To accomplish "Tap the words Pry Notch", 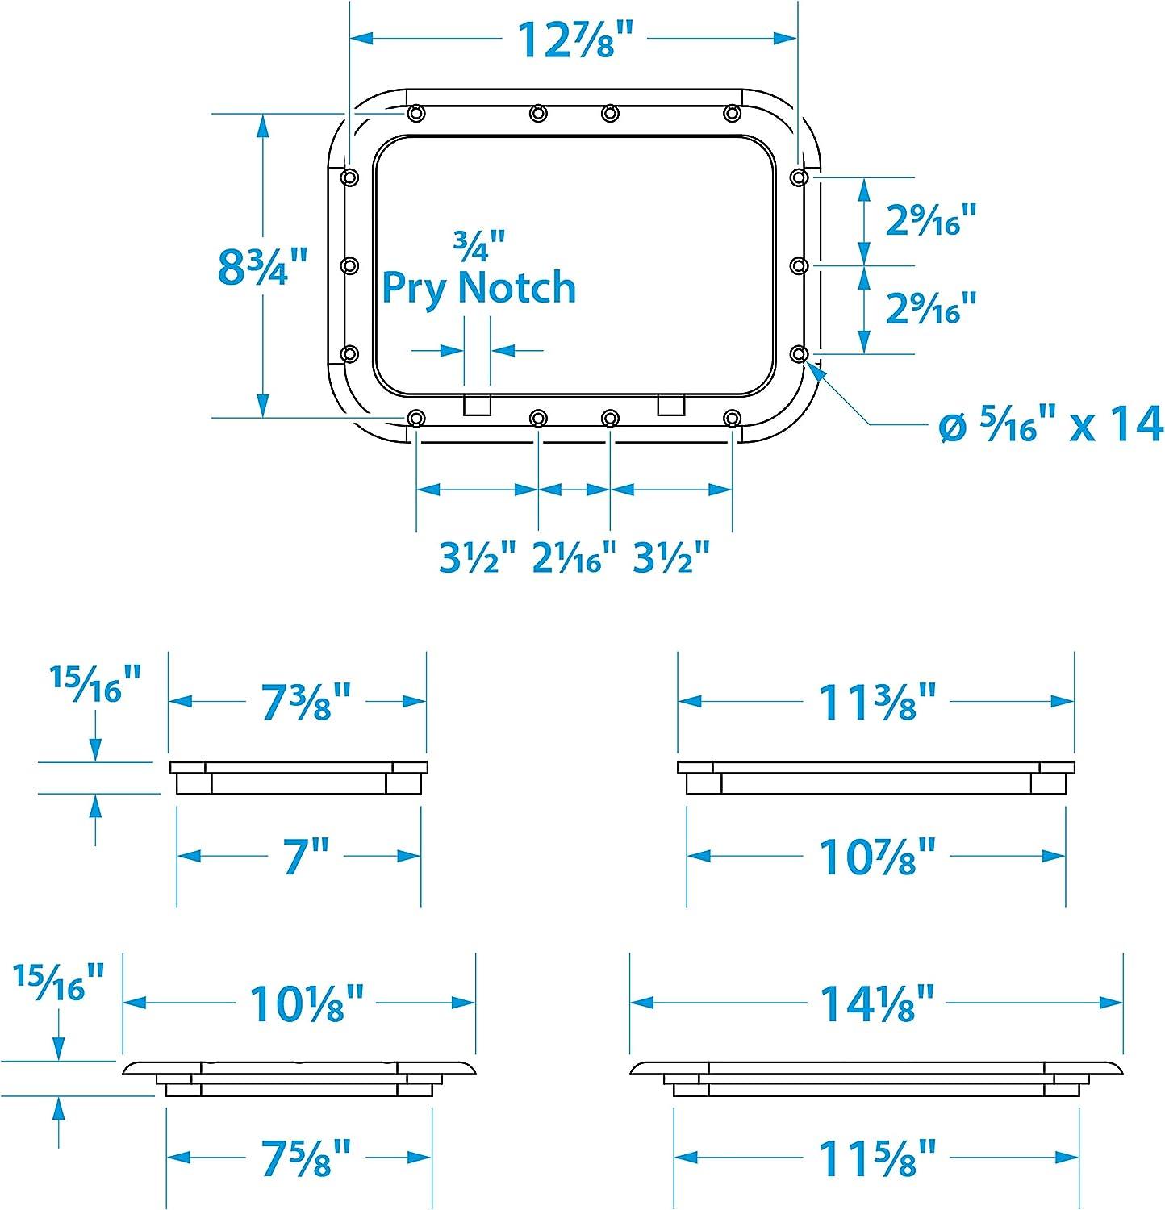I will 478,288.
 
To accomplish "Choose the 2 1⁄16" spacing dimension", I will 574,557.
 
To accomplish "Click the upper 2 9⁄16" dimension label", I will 931,219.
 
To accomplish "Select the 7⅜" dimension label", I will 307,701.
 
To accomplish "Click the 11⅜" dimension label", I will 878,701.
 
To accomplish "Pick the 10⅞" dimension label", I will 878,856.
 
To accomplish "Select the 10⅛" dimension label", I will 307,1003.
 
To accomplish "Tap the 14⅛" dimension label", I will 878,1003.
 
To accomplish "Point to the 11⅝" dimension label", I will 878,1158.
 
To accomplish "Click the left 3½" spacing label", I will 477,557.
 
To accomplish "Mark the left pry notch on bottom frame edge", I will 477,405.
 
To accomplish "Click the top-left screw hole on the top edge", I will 415,113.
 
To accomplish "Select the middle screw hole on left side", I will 349,265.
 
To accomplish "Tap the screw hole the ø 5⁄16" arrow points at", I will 798,353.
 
